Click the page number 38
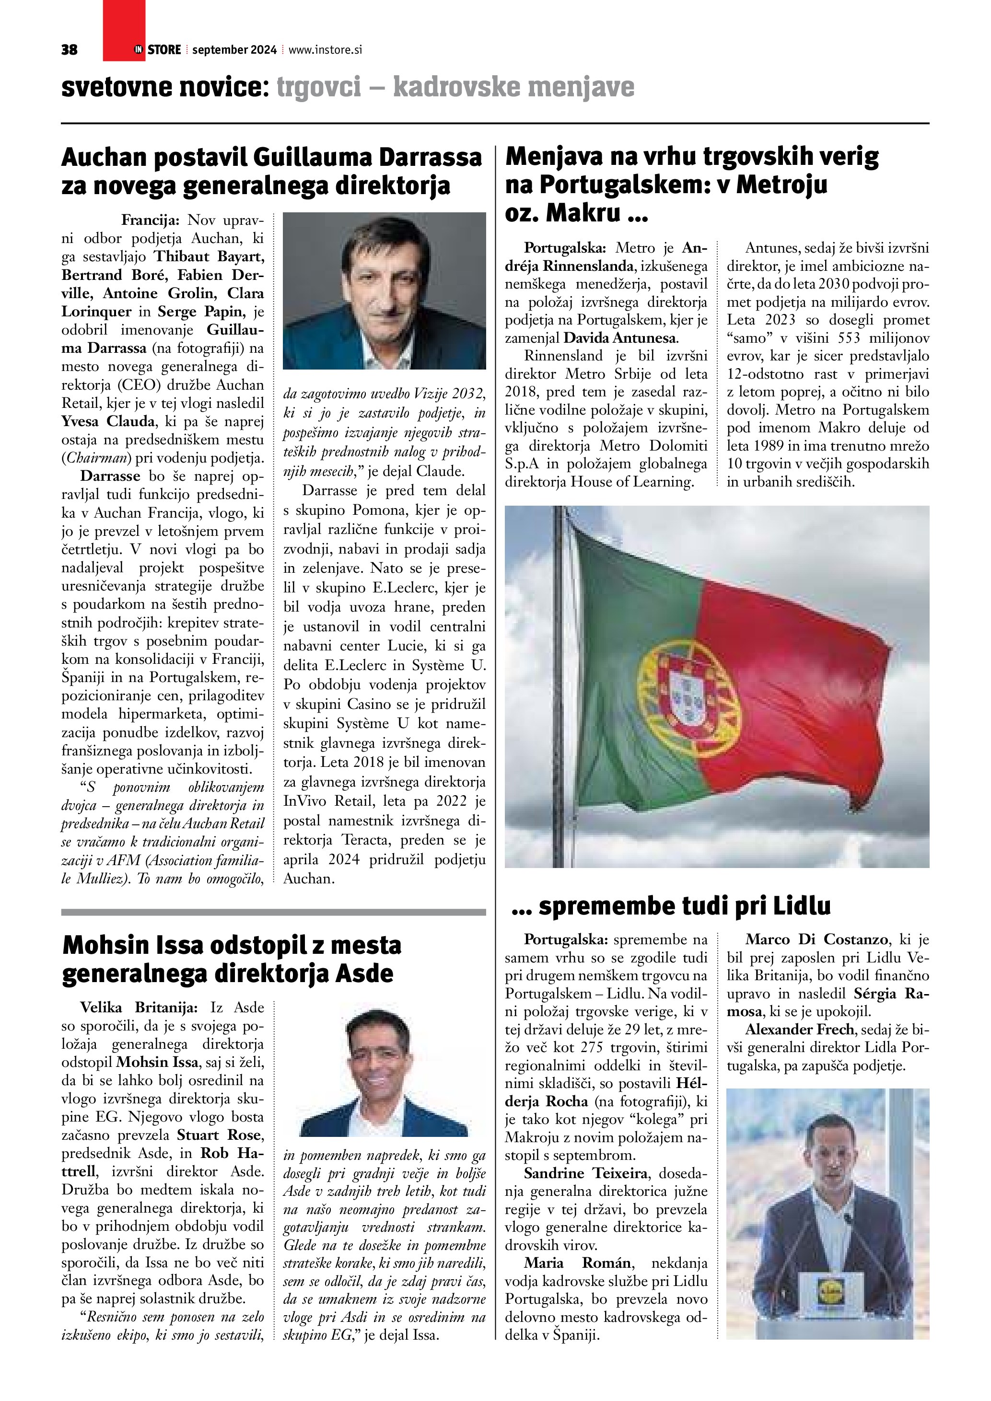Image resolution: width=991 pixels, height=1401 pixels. (x=69, y=50)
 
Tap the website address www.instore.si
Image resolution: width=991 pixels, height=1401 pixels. (x=325, y=50)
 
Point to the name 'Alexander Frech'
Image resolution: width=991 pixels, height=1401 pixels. (x=799, y=1030)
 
